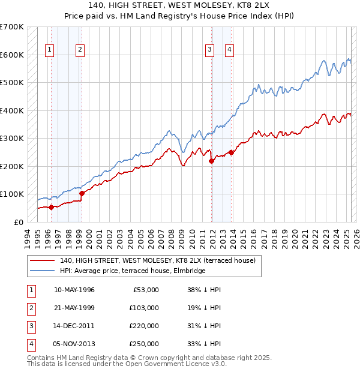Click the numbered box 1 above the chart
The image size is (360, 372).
(x=49, y=50)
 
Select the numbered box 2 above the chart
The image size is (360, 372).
(x=80, y=50)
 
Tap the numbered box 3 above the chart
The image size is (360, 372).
(x=209, y=50)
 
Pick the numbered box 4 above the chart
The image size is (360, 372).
(x=230, y=50)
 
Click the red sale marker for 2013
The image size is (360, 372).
(x=232, y=152)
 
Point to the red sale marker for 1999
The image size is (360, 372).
(x=82, y=193)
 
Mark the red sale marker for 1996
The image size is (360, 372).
(x=51, y=207)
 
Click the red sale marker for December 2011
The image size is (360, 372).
(x=211, y=160)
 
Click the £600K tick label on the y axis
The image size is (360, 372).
(x=12, y=55)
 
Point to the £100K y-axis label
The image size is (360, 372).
(x=12, y=194)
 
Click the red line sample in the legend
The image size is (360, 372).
(x=41, y=260)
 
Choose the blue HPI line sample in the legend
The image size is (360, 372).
(x=41, y=271)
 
